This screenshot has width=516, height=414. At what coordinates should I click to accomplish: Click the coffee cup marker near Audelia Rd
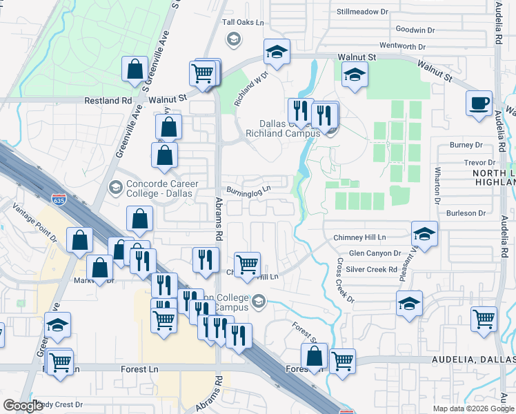tap(479, 103)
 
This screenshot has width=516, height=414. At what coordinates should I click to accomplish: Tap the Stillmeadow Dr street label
tap(364, 12)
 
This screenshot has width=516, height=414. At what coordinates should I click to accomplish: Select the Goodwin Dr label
tap(415, 30)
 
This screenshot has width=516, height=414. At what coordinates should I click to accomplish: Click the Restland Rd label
tap(108, 100)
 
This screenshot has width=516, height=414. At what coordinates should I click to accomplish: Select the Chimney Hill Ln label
tap(359, 237)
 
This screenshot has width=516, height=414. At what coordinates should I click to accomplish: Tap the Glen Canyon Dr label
tap(375, 253)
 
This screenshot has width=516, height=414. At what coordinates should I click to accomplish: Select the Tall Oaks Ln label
tap(243, 22)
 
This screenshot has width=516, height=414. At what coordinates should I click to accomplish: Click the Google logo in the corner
tap(23, 406)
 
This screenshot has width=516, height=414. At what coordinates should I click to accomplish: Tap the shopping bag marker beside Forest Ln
tap(315, 357)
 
